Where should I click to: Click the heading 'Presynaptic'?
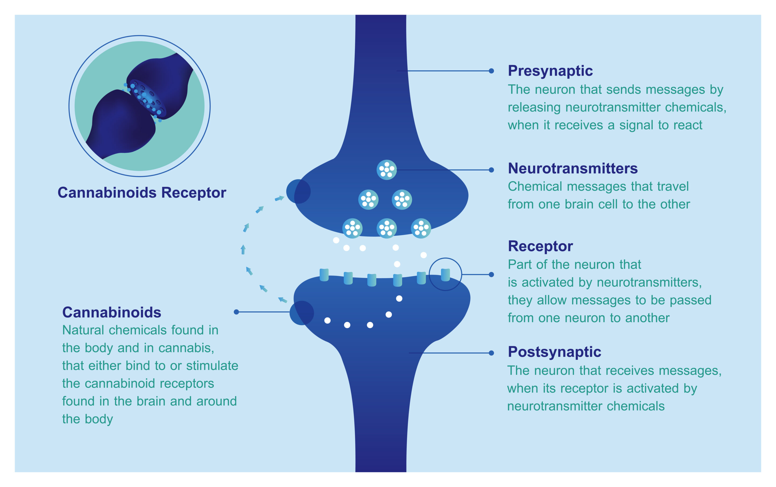click(x=550, y=71)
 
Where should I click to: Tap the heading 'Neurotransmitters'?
click(x=573, y=168)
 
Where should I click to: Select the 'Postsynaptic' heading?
click(x=554, y=352)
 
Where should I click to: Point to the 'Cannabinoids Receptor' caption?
click(x=142, y=193)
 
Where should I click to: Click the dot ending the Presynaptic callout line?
click(x=491, y=71)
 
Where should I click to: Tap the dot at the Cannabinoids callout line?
click(x=236, y=312)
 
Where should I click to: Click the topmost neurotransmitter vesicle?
click(x=386, y=169)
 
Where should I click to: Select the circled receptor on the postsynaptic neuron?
click(x=445, y=275)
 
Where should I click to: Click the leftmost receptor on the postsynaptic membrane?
click(x=324, y=275)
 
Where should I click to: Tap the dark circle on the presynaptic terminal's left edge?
click(x=298, y=191)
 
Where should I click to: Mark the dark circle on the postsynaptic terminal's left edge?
click(x=302, y=313)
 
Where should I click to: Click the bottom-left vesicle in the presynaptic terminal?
click(x=352, y=228)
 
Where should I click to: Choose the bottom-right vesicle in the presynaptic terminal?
click(x=421, y=228)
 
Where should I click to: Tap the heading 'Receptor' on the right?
click(x=540, y=246)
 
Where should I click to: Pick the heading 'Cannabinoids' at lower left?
click(x=112, y=312)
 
